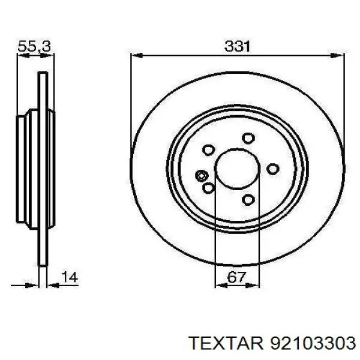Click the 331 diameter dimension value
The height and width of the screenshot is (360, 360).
(x=238, y=46)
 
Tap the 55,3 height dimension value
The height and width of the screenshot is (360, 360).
(x=34, y=47)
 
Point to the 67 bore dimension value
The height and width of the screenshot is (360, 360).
(x=236, y=277)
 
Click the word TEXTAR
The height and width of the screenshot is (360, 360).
(x=226, y=343)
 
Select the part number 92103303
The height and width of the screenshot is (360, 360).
(x=313, y=343)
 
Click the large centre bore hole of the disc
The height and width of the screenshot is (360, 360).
(x=237, y=169)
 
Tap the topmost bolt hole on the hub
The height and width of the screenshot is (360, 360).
(x=248, y=138)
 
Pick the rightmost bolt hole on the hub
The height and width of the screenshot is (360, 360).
(x=273, y=169)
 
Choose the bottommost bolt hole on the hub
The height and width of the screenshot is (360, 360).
(x=248, y=199)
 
